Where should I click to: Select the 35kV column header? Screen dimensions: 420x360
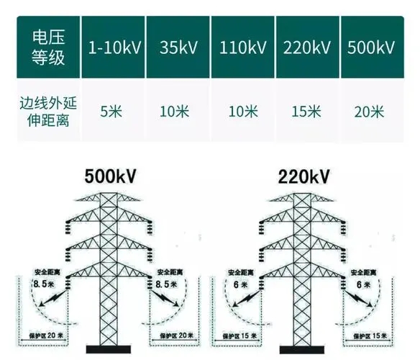tap(178, 48)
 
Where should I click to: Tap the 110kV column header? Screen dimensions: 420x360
tap(242, 48)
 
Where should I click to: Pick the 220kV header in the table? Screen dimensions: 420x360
tap(308, 48)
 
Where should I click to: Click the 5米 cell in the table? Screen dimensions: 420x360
tap(111, 111)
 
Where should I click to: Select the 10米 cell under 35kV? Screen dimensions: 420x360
tap(174, 111)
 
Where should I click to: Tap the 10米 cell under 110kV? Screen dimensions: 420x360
tap(243, 111)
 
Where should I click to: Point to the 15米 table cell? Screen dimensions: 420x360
tap(306, 111)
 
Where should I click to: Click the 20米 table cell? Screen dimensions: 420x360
tap(369, 112)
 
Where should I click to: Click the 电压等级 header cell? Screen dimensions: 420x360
tap(48, 48)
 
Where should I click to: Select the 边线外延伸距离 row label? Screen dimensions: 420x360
tap(48, 112)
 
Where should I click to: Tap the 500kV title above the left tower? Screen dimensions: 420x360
tap(110, 176)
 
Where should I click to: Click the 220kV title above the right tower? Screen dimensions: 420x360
tap(303, 176)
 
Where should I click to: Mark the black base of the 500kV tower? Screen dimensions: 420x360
tap(109, 349)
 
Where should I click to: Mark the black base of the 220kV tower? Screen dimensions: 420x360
tap(302, 349)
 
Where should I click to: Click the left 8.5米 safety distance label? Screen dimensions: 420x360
tap(44, 284)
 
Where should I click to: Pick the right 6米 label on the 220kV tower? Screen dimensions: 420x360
tap(363, 284)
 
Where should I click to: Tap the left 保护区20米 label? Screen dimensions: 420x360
tap(46, 336)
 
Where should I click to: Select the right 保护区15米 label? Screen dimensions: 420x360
tap(370, 336)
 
